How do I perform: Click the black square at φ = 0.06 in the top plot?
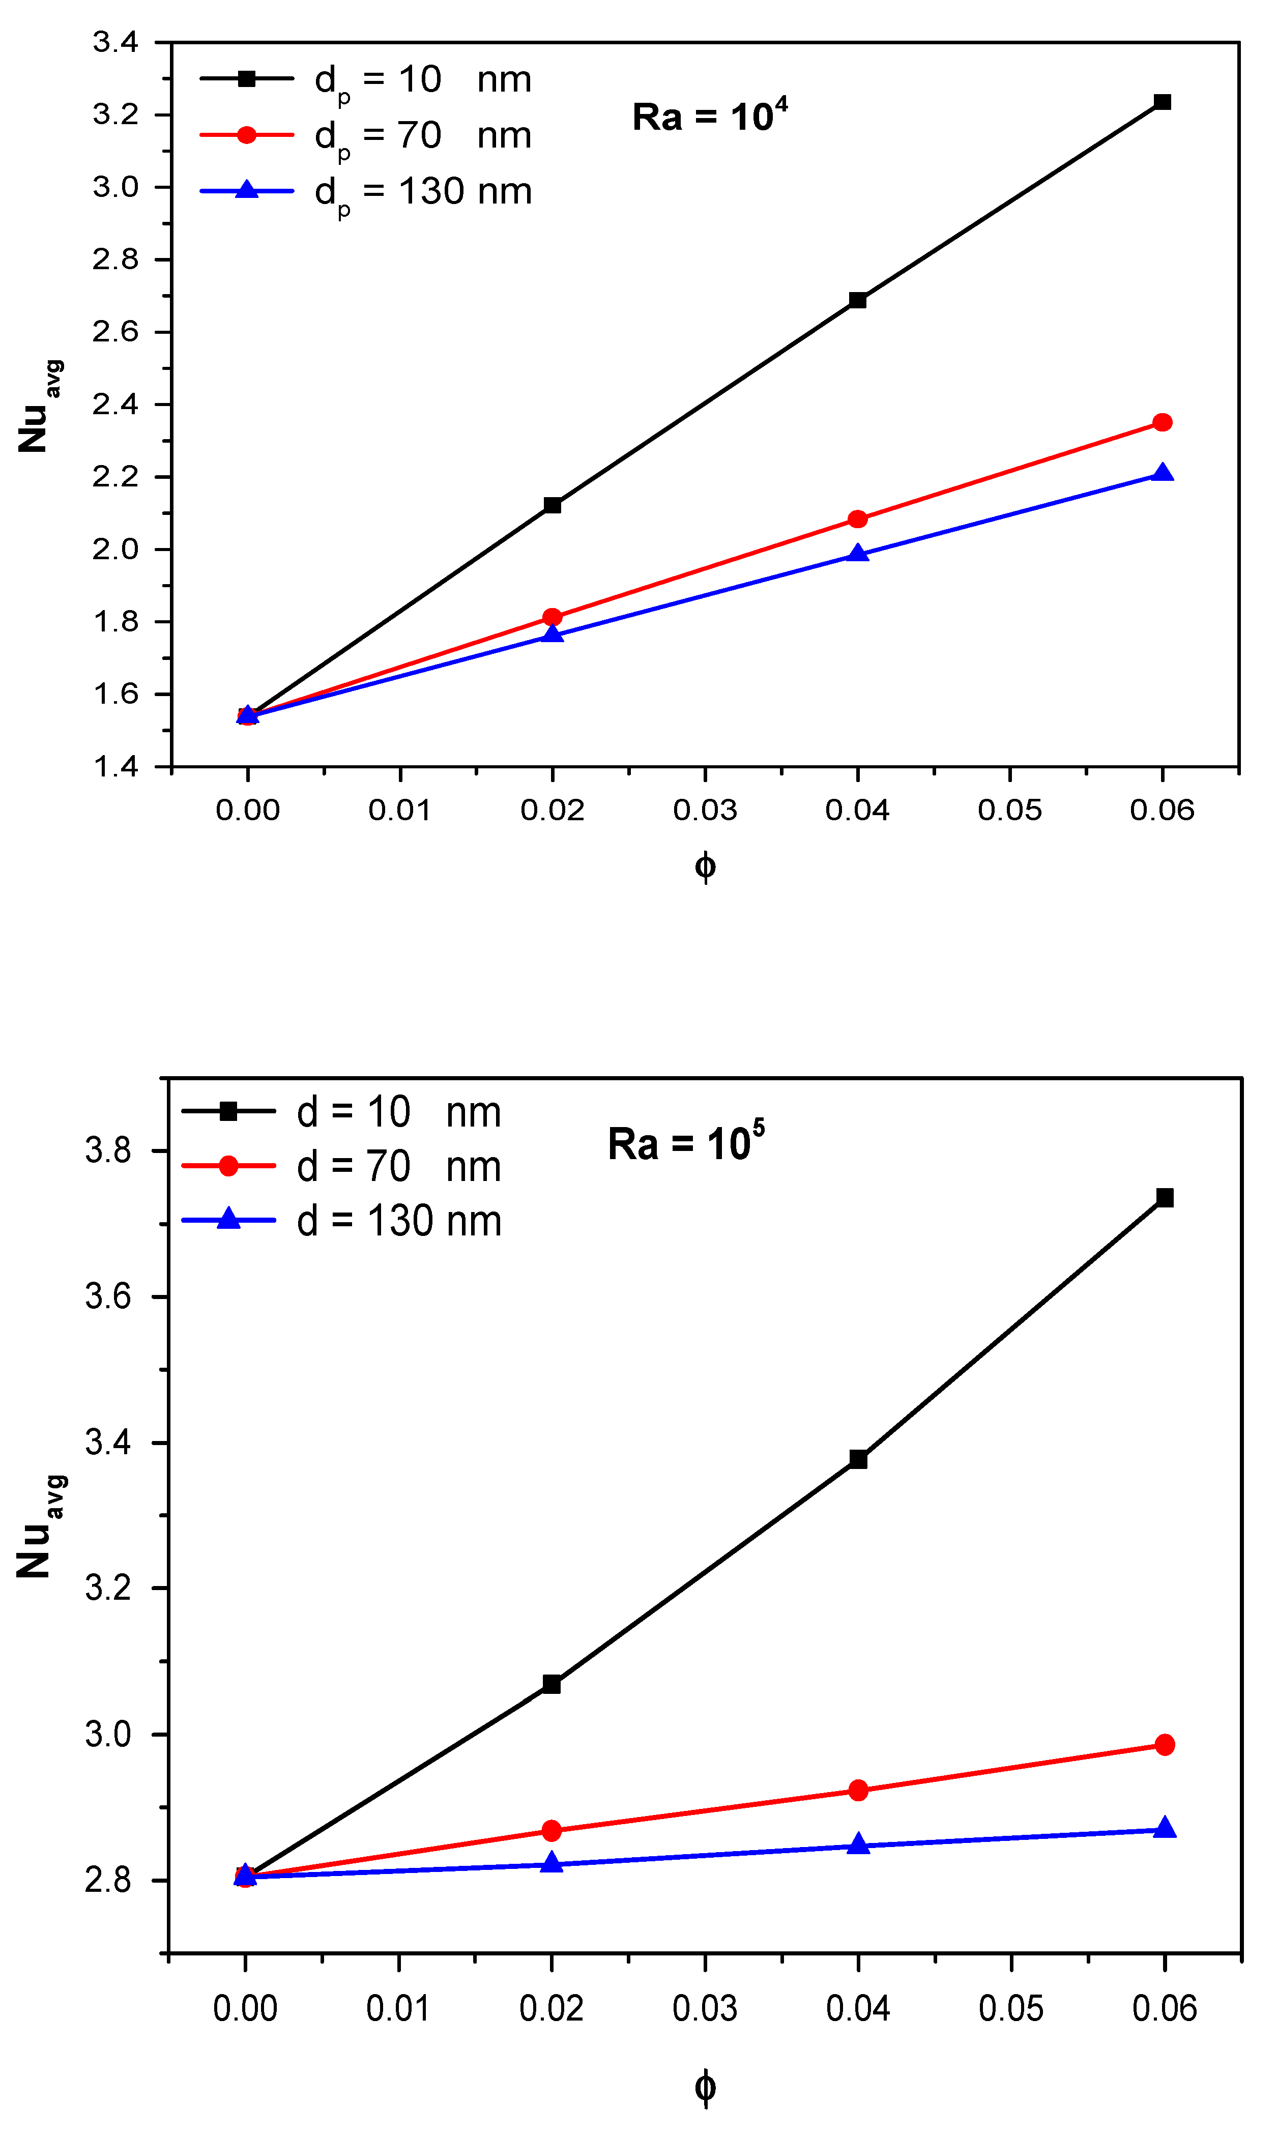(1162, 102)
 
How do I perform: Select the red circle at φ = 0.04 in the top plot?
(857, 519)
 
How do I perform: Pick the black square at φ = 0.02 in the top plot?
(553, 505)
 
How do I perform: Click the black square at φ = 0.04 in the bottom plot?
(858, 1459)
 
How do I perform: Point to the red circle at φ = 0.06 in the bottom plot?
(1164, 1745)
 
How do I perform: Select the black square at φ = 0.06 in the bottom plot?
(1164, 1198)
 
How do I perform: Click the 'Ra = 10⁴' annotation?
(709, 116)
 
